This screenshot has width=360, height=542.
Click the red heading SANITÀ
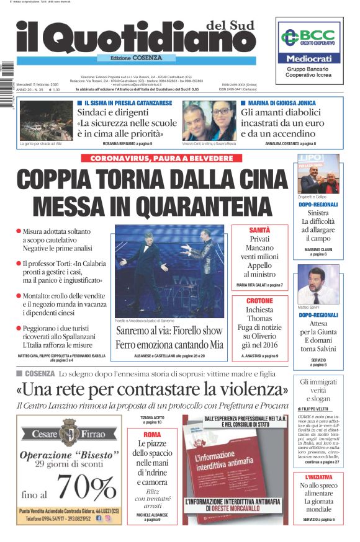coord(259,229)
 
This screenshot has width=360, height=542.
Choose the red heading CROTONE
coord(259,300)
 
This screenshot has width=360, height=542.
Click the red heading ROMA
coord(151,435)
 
